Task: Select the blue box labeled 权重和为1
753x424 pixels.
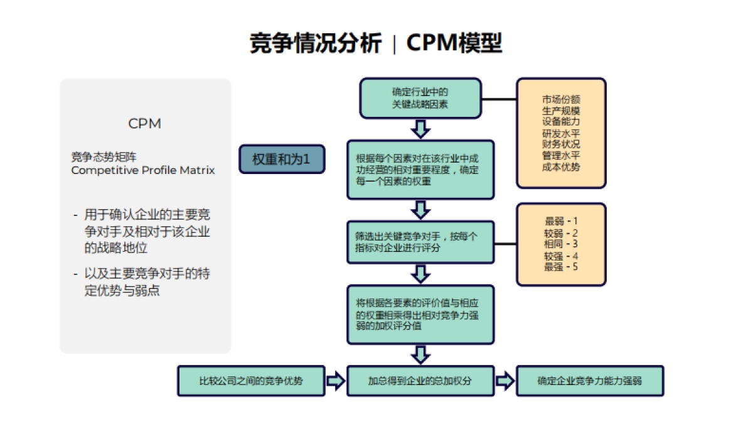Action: [282, 159]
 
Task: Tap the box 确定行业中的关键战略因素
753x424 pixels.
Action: [420, 98]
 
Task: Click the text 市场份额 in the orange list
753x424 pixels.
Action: [561, 99]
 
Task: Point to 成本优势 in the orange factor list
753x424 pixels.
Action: [561, 167]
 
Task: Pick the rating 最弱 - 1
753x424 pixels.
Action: [561, 221]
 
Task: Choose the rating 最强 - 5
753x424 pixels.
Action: [561, 267]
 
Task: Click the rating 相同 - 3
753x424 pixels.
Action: [561, 244]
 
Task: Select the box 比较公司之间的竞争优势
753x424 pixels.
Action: [251, 381]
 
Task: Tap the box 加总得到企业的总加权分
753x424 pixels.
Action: [420, 381]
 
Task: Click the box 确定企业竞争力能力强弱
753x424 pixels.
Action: [589, 381]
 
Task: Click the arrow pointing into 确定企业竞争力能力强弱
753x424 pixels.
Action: [505, 381]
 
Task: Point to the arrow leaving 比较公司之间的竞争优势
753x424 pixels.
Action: [336, 381]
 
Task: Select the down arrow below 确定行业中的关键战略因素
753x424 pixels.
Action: [420, 129]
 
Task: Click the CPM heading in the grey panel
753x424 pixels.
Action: [145, 124]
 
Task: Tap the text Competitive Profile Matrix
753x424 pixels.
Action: [143, 170]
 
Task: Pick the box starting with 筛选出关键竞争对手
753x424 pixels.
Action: [420, 242]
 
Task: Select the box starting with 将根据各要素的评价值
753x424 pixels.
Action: [420, 315]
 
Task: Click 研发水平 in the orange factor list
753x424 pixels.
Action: [561, 133]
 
